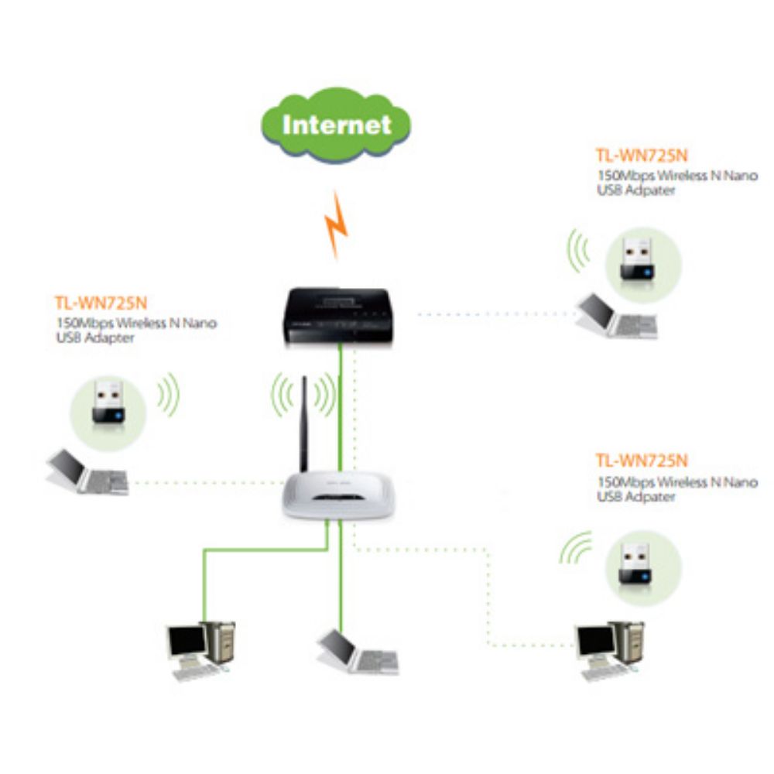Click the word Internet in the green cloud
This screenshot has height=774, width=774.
[337, 124]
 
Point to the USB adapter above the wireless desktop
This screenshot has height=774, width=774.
[641, 563]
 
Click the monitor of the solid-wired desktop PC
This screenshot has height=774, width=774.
[187, 641]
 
